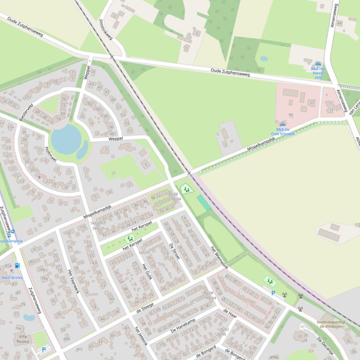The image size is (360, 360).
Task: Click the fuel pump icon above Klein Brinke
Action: pos(17,266)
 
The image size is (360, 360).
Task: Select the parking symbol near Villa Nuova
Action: pos(44,349)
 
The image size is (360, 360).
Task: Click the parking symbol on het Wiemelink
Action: pos(273,293)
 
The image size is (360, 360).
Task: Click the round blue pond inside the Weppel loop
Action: pos(66,139)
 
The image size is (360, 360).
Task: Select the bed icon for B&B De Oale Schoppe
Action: pos(283,124)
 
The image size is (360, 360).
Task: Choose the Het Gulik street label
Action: pos(147,273)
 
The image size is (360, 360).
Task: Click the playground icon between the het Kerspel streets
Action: pos(130,238)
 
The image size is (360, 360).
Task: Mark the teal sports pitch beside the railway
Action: pos(204,202)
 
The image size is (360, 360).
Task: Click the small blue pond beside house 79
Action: pos(29,317)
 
